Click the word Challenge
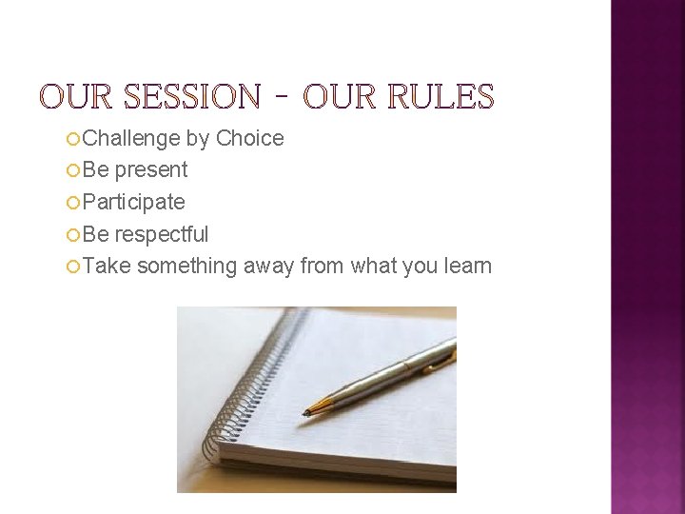tap(131, 139)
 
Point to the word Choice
tap(249, 139)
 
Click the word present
tap(151, 170)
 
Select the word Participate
tap(133, 203)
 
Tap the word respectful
tap(162, 234)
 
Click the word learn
tap(467, 267)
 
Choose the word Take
tap(106, 267)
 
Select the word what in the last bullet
tap(374, 267)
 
